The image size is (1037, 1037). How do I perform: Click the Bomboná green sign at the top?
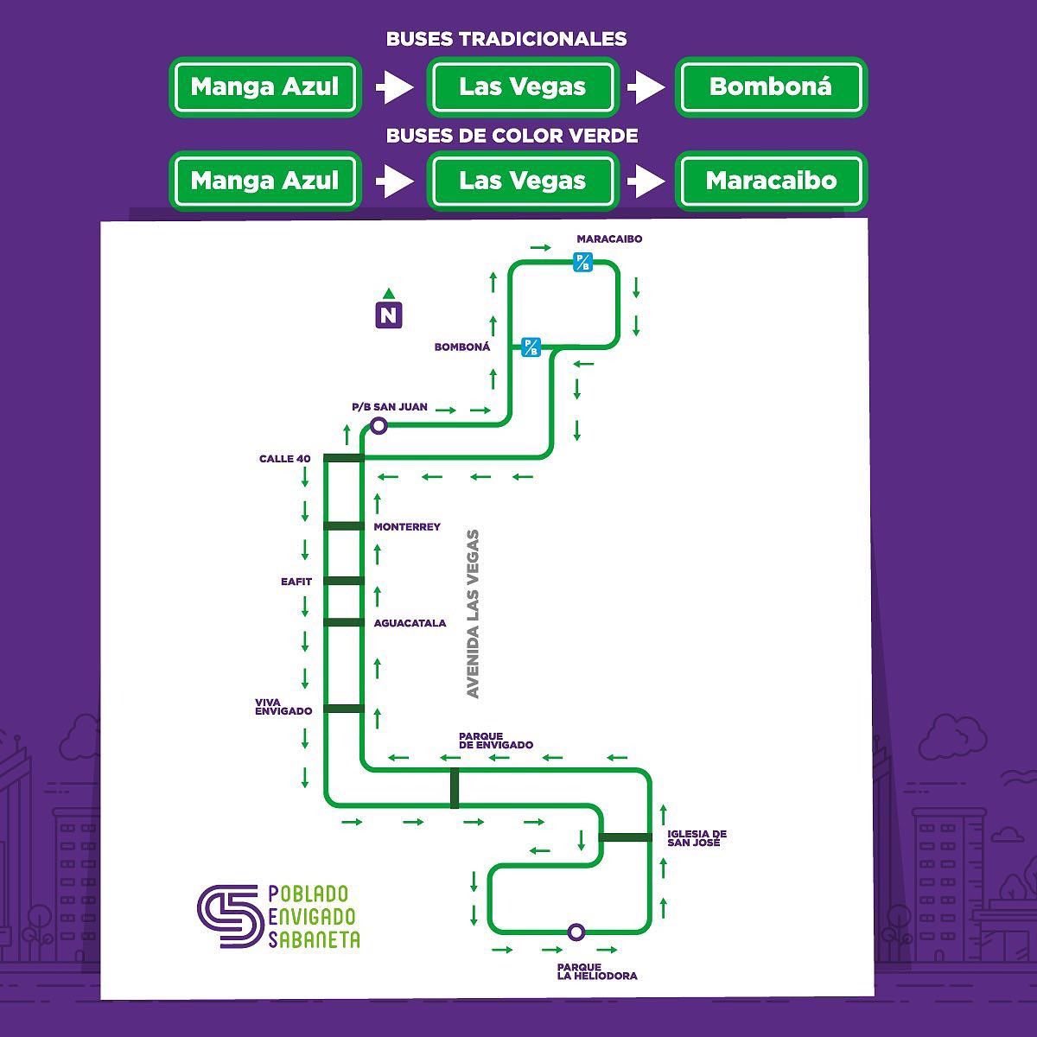click(771, 86)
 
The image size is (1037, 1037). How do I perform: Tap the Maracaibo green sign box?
click(771, 181)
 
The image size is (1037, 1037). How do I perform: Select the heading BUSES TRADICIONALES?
click(506, 39)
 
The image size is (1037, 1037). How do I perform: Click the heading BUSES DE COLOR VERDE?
click(512, 136)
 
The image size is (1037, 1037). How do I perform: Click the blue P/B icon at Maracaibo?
click(582, 262)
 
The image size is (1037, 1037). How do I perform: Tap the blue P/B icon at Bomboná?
click(531, 347)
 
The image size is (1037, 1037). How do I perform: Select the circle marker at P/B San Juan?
click(379, 426)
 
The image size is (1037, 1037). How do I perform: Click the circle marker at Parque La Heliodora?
click(576, 932)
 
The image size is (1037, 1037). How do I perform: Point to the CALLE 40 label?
click(284, 459)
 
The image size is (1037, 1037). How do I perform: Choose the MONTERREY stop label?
click(407, 527)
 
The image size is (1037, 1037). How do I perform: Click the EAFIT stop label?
click(296, 582)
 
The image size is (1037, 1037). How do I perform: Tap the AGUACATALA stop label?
click(410, 623)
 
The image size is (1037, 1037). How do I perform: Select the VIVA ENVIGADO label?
click(283, 707)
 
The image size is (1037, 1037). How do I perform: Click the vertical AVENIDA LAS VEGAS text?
click(473, 614)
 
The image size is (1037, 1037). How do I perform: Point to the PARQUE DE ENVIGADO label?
click(496, 741)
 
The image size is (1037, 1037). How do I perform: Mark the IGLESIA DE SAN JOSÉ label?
click(697, 838)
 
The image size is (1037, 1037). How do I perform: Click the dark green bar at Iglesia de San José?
click(626, 837)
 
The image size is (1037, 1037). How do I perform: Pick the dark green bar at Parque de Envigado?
click(455, 788)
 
